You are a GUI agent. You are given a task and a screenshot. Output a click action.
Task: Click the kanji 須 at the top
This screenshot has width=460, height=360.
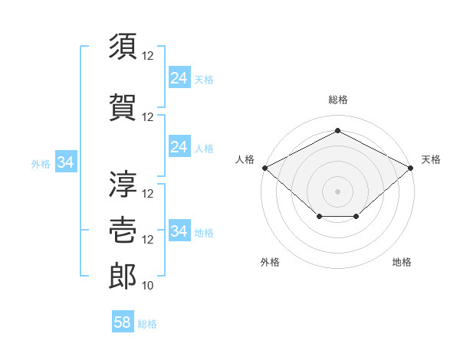[123, 46]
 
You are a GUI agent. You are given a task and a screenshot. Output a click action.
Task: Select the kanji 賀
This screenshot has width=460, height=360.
[123, 107]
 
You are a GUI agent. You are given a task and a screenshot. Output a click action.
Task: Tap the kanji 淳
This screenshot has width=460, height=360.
[123, 184]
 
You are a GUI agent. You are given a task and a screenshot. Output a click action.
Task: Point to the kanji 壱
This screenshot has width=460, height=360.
[123, 230]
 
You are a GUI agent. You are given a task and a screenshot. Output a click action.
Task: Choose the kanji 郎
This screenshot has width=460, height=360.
[123, 276]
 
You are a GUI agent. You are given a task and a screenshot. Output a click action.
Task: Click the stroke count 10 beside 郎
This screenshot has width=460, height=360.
[147, 286]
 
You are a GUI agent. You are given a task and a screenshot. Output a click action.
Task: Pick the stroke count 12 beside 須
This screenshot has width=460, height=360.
[147, 56]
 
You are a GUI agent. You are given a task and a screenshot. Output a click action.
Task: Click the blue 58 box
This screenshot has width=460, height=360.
[123, 321]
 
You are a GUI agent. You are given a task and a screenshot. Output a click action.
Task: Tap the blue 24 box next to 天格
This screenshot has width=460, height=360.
[180, 77]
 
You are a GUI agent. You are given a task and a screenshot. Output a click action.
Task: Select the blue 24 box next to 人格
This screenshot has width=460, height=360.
[180, 146]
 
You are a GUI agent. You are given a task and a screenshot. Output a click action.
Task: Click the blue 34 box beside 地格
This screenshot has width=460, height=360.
[180, 230]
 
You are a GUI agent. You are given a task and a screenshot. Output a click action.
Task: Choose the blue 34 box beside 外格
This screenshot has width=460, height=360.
[66, 162]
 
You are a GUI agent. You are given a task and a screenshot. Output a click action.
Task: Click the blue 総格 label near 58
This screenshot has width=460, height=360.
[147, 324]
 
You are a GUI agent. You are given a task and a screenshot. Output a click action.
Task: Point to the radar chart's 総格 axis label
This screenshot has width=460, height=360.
[338, 100]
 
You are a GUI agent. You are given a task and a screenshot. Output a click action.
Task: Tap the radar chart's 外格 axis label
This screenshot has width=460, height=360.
[270, 262]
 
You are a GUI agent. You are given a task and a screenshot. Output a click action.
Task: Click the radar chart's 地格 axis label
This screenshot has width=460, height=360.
[402, 262]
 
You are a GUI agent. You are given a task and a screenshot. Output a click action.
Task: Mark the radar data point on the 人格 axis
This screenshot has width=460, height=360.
[265, 168]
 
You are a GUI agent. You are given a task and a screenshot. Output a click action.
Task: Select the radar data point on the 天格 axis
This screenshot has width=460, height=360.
[411, 168]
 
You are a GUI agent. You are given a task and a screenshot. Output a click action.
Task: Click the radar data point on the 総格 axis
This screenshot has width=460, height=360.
[337, 130]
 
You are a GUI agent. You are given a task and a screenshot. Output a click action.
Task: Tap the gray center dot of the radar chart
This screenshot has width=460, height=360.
[337, 191]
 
